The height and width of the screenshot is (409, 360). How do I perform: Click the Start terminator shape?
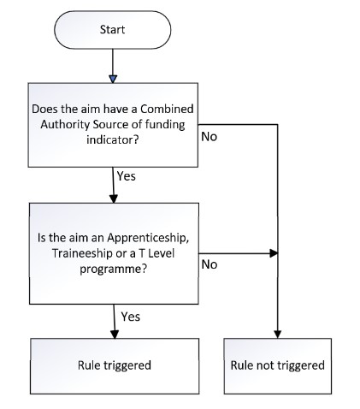click(x=112, y=30)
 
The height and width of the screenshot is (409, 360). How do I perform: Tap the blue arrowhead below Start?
click(x=113, y=79)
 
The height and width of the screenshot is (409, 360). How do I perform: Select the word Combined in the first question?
click(x=167, y=109)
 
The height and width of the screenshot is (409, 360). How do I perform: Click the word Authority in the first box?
click(x=65, y=125)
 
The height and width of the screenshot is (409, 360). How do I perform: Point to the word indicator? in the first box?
click(x=113, y=140)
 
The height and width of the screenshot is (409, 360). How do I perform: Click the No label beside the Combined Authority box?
click(x=210, y=137)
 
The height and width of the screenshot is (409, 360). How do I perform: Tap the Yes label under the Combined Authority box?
click(x=127, y=176)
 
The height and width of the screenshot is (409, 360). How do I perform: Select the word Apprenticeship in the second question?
click(x=148, y=238)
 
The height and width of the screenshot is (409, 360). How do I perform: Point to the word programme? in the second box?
click(x=114, y=269)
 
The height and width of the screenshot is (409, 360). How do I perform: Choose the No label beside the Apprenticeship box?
click(x=210, y=264)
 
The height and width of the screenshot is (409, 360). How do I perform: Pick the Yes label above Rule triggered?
click(x=131, y=317)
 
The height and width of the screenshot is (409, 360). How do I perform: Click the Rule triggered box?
click(x=115, y=366)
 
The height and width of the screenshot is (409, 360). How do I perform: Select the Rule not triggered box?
click(x=278, y=366)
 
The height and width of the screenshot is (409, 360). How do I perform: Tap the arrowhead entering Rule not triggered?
click(x=278, y=335)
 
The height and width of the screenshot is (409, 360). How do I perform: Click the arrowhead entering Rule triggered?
click(x=115, y=335)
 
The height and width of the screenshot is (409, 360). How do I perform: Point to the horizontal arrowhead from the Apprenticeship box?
click(x=274, y=253)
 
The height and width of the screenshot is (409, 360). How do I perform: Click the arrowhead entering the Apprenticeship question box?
click(x=114, y=199)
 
